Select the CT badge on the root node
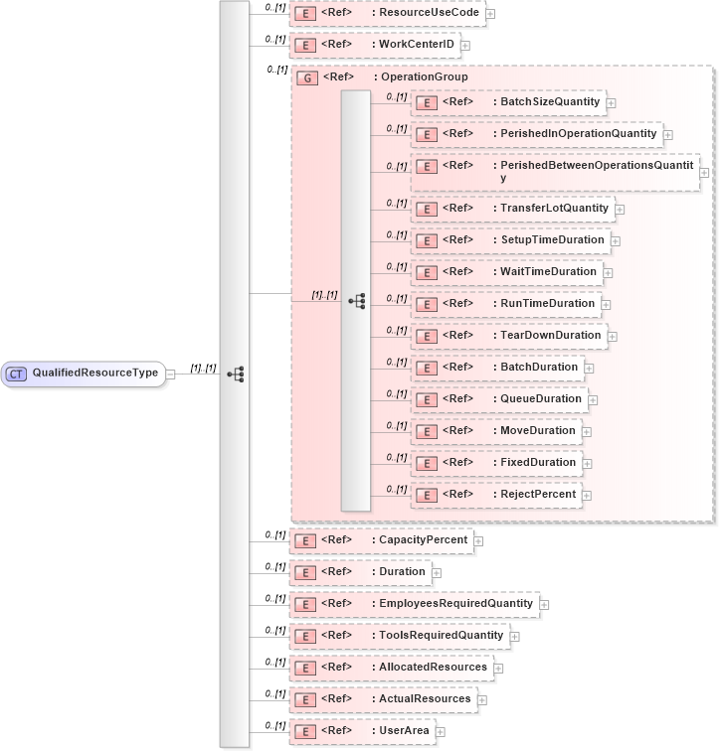coord(16,374)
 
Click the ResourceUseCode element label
coord(429,13)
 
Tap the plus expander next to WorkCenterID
coord(465,46)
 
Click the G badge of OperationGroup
coord(308,77)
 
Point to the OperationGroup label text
coord(421,77)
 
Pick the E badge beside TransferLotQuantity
coord(426,209)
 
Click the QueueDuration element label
coord(540,399)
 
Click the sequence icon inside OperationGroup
coord(356,301)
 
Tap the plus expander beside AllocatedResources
coord(499,668)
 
